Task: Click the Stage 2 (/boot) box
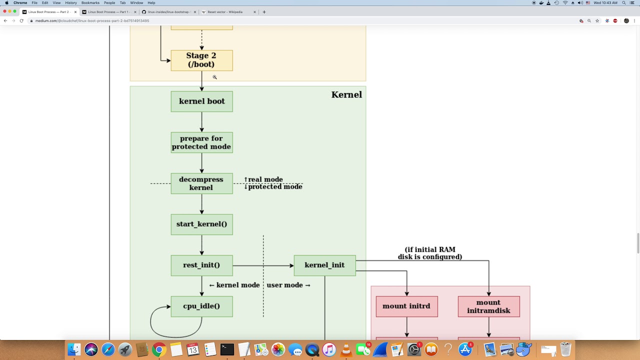201,60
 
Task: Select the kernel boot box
201,101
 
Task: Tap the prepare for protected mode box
201,142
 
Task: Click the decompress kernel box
201,183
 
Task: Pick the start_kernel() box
201,224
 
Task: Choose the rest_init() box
201,265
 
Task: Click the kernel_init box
324,265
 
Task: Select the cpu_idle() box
201,306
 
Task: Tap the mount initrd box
406,306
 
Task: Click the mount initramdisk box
488,306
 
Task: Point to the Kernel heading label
346,94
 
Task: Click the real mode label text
265,179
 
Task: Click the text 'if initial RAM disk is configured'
430,253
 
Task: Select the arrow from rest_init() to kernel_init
263,265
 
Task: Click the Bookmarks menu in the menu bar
90,3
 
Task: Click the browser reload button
21,21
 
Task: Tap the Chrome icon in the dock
159,349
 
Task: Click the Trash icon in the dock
565,349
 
